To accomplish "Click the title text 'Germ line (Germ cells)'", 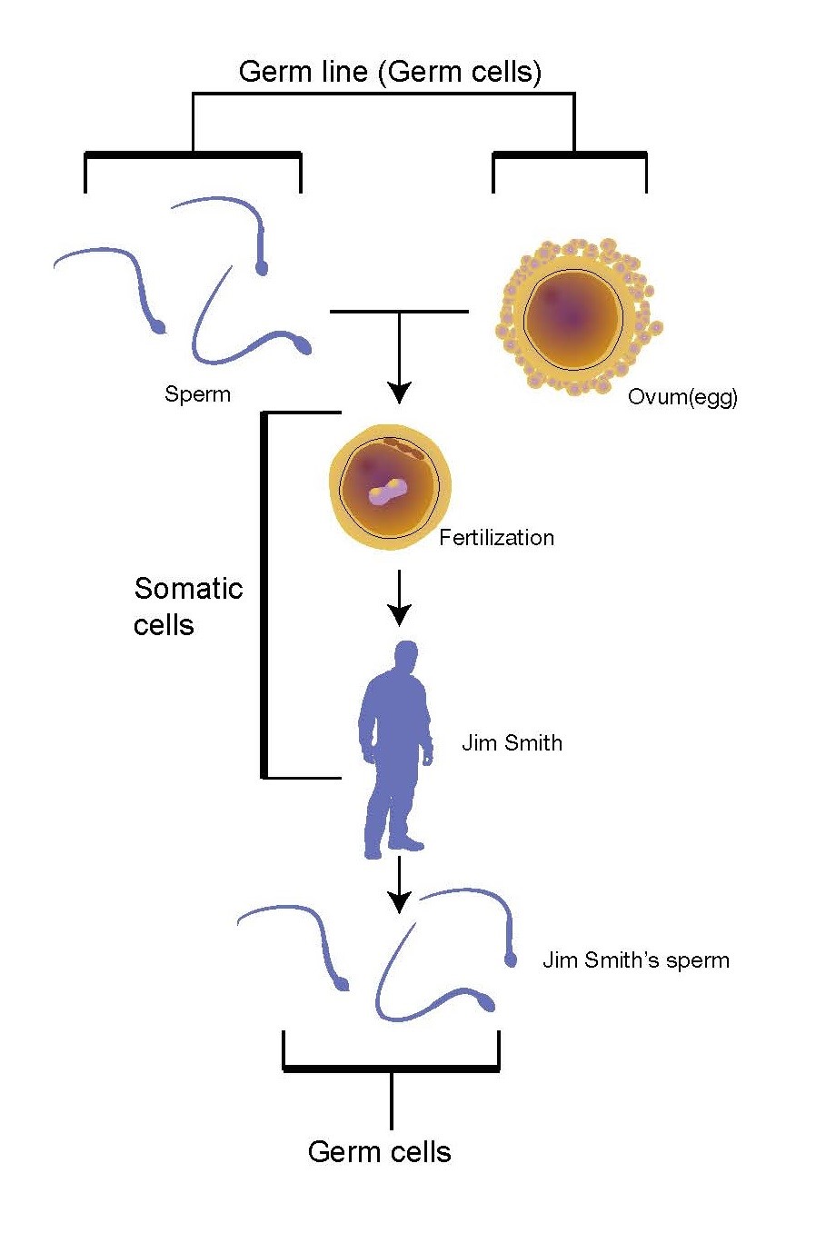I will point(390,72).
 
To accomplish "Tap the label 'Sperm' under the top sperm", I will point(197,394).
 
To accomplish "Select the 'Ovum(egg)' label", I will point(682,397).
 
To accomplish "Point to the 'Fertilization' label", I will point(496,537).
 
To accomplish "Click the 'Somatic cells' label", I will point(187,606).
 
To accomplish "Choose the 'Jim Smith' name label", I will point(512,742).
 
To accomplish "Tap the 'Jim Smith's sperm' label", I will point(636,960).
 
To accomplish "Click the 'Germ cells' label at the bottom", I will point(379,1152).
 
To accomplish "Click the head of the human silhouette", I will point(405,656).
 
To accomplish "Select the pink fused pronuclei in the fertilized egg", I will point(388,492).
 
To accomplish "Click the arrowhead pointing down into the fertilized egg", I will point(399,392).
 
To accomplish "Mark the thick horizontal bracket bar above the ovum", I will point(570,155).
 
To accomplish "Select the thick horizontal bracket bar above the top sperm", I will point(193,155).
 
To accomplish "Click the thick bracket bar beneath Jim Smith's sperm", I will point(391,1068).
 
